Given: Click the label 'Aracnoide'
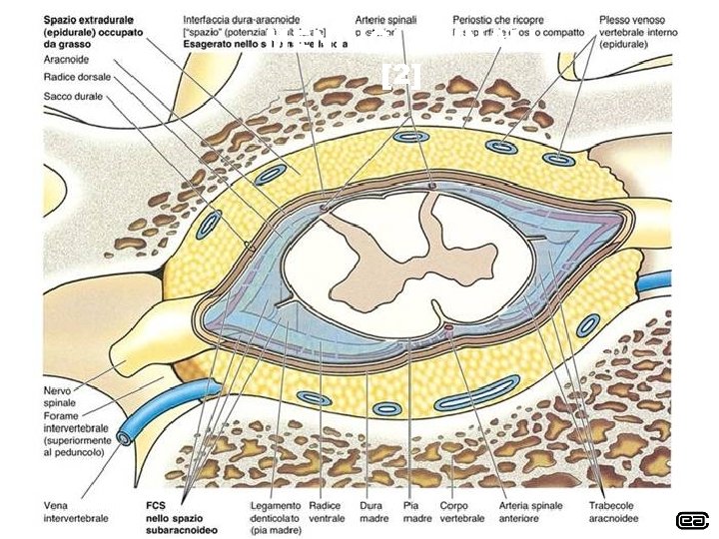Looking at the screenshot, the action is (x=66, y=60).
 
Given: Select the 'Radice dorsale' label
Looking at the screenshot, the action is (x=78, y=77).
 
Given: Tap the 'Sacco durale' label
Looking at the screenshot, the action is (x=73, y=96).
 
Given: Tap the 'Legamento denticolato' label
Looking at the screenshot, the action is (x=275, y=511).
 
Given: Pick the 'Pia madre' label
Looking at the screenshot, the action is (x=416, y=511).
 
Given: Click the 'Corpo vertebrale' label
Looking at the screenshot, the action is (x=461, y=511).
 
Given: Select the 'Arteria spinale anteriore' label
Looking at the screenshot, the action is (x=531, y=511).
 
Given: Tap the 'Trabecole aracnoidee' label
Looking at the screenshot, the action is (x=616, y=511).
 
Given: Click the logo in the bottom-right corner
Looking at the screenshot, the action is (x=692, y=520).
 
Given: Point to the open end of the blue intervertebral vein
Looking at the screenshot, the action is (x=126, y=437).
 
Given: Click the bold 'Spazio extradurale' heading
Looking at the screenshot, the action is (x=90, y=19).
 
